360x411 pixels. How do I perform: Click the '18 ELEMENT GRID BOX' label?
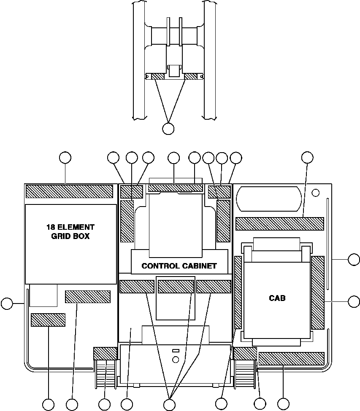[x=70, y=231]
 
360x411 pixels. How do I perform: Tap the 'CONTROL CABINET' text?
[x=179, y=266]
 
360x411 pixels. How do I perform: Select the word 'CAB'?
[x=277, y=298]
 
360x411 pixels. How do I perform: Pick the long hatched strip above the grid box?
[x=69, y=191]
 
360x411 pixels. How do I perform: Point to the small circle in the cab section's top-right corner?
[x=315, y=193]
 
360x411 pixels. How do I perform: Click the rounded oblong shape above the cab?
[x=269, y=198]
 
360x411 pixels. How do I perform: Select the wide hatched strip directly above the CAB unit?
[x=279, y=223]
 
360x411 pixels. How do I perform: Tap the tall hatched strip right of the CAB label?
[x=317, y=293]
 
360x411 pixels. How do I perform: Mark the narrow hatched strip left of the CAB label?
[x=238, y=292]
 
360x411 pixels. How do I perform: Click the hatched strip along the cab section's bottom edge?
[x=291, y=358]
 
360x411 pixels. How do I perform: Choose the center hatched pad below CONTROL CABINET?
[x=176, y=286]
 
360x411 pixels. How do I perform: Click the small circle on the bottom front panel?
[x=176, y=359]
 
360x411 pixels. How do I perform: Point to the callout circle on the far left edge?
[x=7, y=303]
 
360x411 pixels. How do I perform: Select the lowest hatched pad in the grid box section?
[x=48, y=320]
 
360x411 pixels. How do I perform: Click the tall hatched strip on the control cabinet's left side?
[x=127, y=221]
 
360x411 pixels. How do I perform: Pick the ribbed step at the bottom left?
[x=106, y=373]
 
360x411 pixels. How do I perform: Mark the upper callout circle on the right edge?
[x=354, y=259]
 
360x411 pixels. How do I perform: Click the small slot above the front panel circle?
[x=176, y=351]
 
